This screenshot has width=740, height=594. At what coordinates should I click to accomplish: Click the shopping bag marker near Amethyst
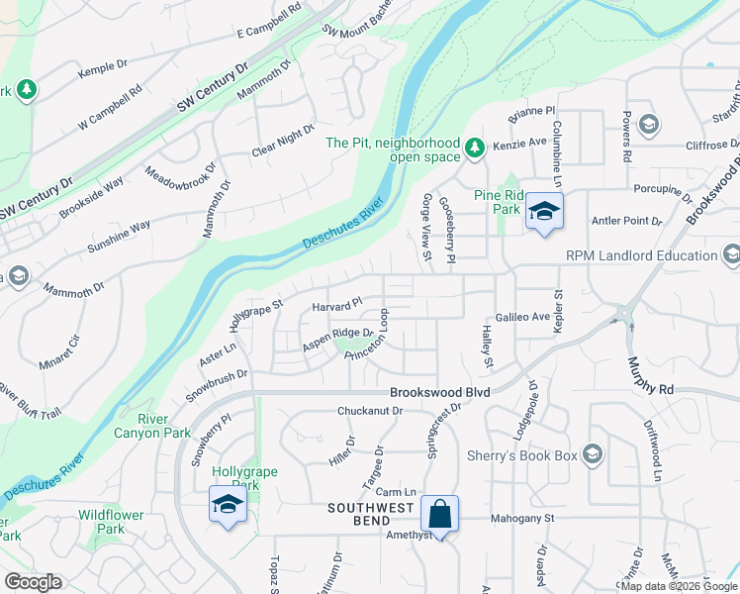click(x=439, y=515)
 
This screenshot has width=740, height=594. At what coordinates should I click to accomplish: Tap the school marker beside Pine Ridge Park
click(x=543, y=212)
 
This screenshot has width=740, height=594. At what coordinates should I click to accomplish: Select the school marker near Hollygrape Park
click(x=228, y=506)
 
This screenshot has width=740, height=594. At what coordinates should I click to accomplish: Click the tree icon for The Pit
click(x=475, y=148)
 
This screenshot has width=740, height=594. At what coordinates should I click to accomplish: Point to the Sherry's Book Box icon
click(x=593, y=454)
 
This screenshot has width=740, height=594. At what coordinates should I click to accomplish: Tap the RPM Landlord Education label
click(x=641, y=255)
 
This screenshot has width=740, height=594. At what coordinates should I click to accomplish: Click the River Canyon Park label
click(x=152, y=425)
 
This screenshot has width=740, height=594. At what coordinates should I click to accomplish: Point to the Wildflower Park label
click(x=111, y=522)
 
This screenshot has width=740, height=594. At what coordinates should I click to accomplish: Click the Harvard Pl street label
click(x=337, y=307)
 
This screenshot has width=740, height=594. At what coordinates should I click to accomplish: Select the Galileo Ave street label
click(x=522, y=317)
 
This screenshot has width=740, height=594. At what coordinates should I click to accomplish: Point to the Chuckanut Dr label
click(x=371, y=410)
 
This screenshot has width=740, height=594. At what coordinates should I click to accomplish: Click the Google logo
click(x=33, y=582)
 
